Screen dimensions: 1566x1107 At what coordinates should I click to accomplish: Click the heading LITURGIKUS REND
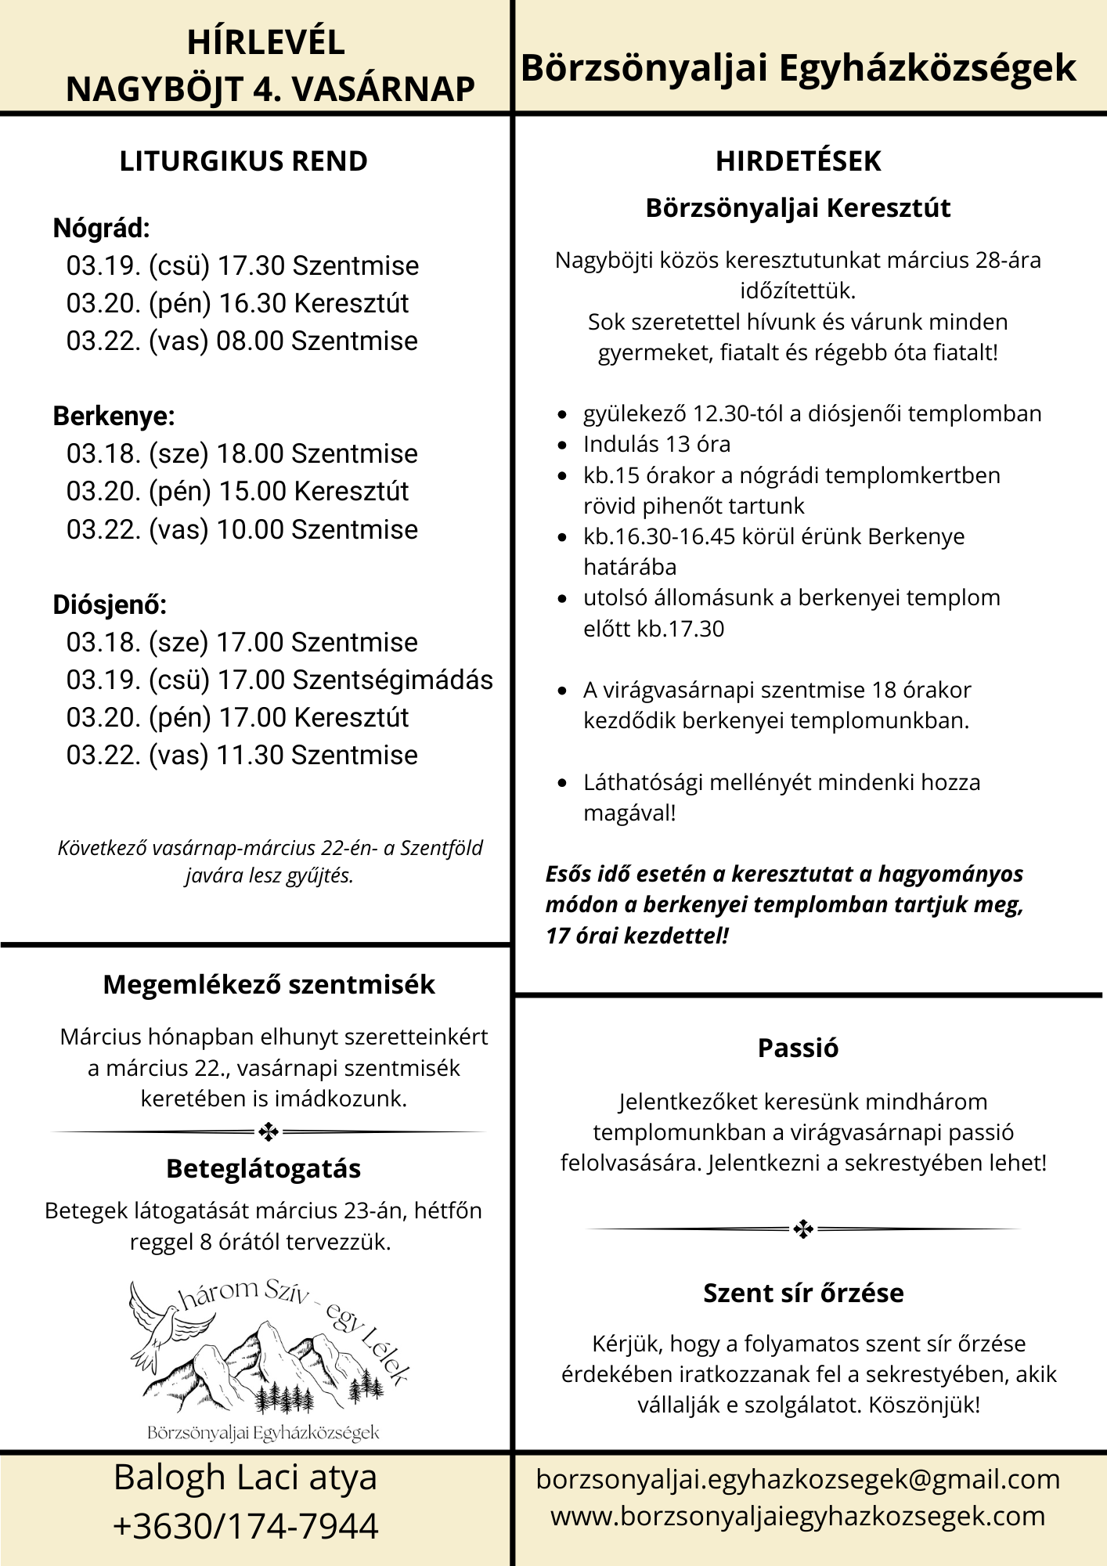click(x=243, y=161)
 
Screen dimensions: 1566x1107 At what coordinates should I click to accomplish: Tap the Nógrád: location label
click(x=101, y=229)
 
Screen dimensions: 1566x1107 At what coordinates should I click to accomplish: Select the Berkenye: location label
click(x=114, y=417)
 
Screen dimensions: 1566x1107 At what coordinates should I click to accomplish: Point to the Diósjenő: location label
click(x=110, y=605)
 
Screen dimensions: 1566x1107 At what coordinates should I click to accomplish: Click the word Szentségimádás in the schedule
click(x=392, y=680)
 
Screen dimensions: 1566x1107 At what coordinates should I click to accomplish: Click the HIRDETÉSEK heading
click(x=798, y=161)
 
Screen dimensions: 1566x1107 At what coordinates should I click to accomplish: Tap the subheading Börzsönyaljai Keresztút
click(x=798, y=208)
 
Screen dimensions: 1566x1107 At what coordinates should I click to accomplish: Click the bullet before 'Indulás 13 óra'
click(x=562, y=446)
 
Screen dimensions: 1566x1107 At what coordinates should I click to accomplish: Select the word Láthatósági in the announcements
click(x=642, y=782)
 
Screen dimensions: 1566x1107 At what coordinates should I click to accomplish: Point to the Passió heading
click(x=798, y=1048)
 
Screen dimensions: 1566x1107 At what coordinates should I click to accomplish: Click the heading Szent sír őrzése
click(x=803, y=1293)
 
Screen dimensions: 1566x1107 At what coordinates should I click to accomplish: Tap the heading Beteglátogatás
click(x=263, y=1169)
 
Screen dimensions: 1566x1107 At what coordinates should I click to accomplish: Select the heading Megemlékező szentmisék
click(x=269, y=985)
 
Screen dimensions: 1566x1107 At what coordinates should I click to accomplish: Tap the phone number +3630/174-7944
click(x=245, y=1527)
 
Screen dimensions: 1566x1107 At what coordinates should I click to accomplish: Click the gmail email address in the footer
click(x=798, y=1479)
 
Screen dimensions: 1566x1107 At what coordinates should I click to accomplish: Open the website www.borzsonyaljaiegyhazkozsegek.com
click(x=798, y=1516)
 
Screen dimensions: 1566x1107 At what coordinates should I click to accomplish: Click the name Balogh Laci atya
click(x=245, y=1478)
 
